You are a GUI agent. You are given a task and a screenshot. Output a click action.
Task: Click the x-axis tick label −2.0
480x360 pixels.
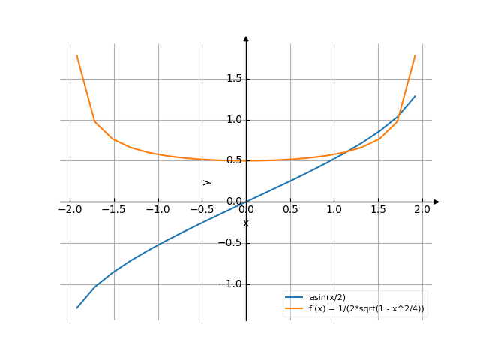(70, 209)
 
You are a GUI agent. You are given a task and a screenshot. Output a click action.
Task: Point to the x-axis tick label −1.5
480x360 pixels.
(114, 209)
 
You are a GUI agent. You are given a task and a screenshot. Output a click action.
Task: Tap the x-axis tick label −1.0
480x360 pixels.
(157, 209)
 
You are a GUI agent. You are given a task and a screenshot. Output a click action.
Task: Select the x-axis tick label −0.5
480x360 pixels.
(202, 209)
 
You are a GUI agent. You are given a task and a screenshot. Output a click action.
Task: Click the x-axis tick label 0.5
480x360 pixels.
(290, 209)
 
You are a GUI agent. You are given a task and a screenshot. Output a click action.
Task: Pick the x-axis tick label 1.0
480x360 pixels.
(334, 209)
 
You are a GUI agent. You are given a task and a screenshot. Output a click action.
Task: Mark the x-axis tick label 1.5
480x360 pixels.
(379, 209)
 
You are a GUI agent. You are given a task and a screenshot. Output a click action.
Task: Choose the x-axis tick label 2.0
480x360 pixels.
(422, 209)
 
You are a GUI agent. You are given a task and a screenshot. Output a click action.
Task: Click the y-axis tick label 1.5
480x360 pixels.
(233, 79)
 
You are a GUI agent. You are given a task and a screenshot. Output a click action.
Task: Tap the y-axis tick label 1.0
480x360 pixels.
(233, 120)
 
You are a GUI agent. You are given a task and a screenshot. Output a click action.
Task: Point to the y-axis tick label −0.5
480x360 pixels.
(231, 243)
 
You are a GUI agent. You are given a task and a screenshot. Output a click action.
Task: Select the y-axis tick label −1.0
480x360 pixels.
(231, 284)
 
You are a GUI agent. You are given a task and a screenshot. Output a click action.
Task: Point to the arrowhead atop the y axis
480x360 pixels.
(246, 38)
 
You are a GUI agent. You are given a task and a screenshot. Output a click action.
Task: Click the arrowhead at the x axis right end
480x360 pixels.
(436, 202)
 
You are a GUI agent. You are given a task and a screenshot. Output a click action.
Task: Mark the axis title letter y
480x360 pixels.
(208, 181)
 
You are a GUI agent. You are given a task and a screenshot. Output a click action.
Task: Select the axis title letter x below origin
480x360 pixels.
(246, 223)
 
